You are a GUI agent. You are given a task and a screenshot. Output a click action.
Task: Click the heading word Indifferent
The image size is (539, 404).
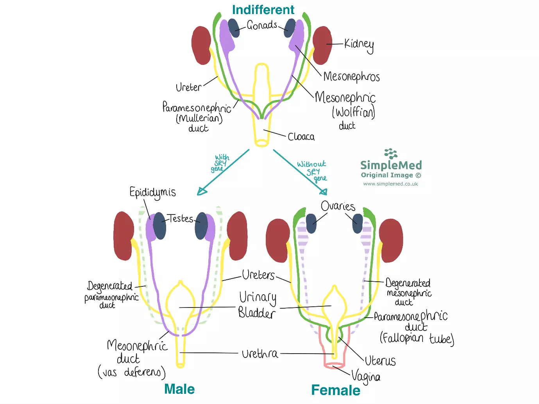263,10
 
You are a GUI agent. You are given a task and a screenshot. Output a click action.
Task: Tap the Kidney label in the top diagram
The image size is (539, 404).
359,45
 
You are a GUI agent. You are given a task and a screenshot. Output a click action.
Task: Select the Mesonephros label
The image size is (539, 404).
351,76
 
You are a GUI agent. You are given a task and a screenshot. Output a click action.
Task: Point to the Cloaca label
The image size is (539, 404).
301,137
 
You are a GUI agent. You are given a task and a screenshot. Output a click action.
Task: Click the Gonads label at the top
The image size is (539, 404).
262,25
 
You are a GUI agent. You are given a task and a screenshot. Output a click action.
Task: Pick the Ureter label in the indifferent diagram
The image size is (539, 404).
188,87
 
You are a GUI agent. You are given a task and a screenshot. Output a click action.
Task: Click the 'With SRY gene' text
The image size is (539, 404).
220,163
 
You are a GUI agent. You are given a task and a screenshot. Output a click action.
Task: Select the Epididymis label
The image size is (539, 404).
152,192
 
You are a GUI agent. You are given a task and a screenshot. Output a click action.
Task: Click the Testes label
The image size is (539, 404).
180,218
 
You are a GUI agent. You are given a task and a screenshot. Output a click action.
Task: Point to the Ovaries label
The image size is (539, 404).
338,206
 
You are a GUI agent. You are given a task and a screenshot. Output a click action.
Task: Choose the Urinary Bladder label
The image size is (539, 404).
257,305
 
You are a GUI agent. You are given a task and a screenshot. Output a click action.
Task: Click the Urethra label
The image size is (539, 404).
260,354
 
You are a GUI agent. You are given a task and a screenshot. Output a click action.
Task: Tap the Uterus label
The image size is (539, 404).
380,361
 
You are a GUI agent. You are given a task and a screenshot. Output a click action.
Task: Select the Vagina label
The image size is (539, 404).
366,377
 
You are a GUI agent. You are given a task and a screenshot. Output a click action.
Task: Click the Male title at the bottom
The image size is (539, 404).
179,389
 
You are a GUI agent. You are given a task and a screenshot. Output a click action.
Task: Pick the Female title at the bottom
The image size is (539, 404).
336,390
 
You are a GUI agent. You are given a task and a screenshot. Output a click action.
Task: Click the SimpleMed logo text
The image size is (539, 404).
391,165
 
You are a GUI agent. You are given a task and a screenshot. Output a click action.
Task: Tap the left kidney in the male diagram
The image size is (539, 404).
124,236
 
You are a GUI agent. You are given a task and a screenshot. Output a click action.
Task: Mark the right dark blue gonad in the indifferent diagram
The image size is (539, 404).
290,27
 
